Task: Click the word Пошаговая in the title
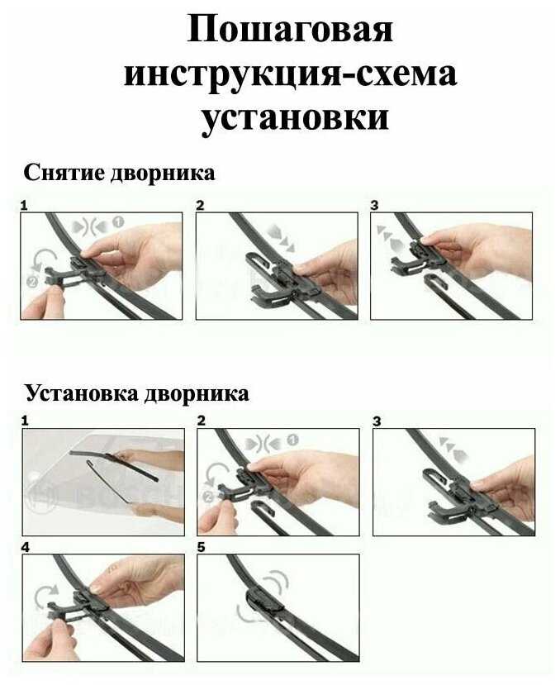[290, 30]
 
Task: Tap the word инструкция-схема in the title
[291, 74]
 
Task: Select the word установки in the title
[295, 117]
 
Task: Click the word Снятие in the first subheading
[64, 173]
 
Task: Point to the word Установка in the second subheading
[82, 394]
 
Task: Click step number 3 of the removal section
[374, 205]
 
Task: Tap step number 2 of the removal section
[200, 205]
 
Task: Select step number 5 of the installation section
[201, 547]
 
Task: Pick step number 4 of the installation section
[26, 547]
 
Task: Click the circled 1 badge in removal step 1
[118, 222]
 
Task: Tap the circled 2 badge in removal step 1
[32, 282]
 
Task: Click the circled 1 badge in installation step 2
[292, 440]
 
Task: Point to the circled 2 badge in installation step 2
[208, 497]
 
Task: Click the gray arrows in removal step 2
[281, 238]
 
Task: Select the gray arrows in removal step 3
[390, 238]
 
